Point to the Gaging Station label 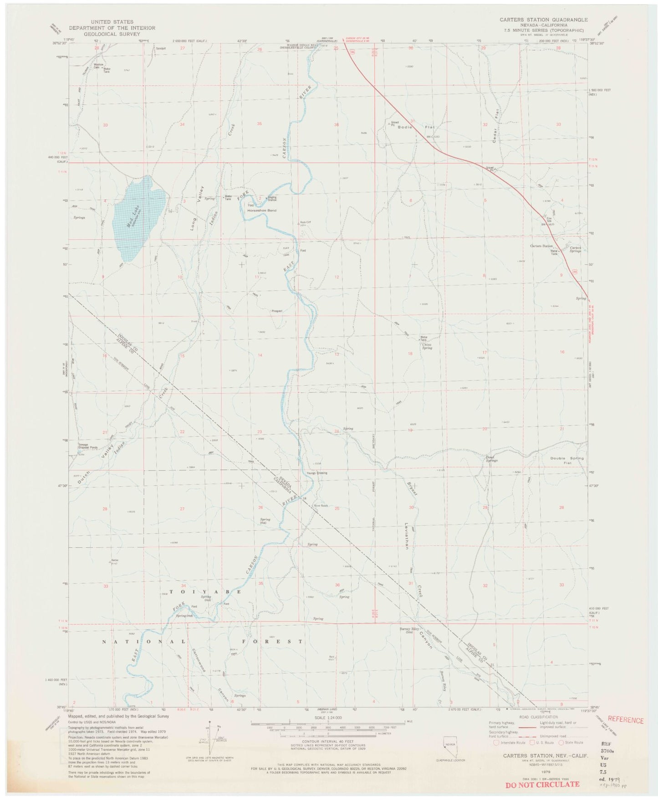point(272,199)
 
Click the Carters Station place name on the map point(541,246)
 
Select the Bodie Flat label point(412,127)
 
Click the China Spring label point(427,346)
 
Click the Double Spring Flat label point(566,461)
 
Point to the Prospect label point(277,311)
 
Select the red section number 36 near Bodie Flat point(337,125)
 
